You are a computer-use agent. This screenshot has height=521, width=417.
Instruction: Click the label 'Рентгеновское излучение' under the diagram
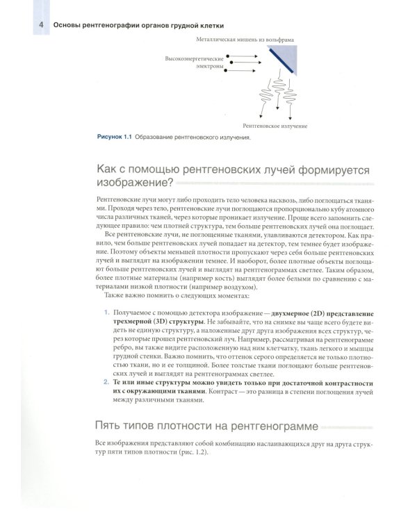point(275,126)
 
